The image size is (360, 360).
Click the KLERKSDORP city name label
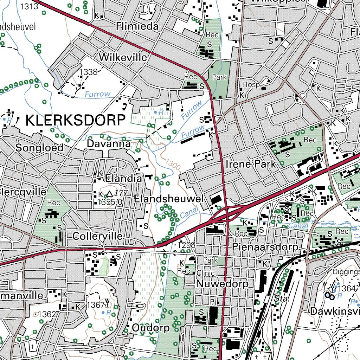[76, 120]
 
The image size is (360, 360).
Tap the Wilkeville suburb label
[123, 57]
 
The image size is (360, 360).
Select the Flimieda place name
[137, 26]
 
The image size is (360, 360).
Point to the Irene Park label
[251, 164]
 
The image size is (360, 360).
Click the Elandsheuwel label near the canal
[169, 199]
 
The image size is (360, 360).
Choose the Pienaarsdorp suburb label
[265, 247]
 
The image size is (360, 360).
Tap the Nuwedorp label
[222, 283]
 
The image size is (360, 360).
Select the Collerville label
[97, 236]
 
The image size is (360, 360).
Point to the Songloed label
[39, 148]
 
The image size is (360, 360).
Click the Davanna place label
[109, 144]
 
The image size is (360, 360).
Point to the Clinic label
[205, 273]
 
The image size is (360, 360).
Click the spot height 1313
[29, 6]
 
